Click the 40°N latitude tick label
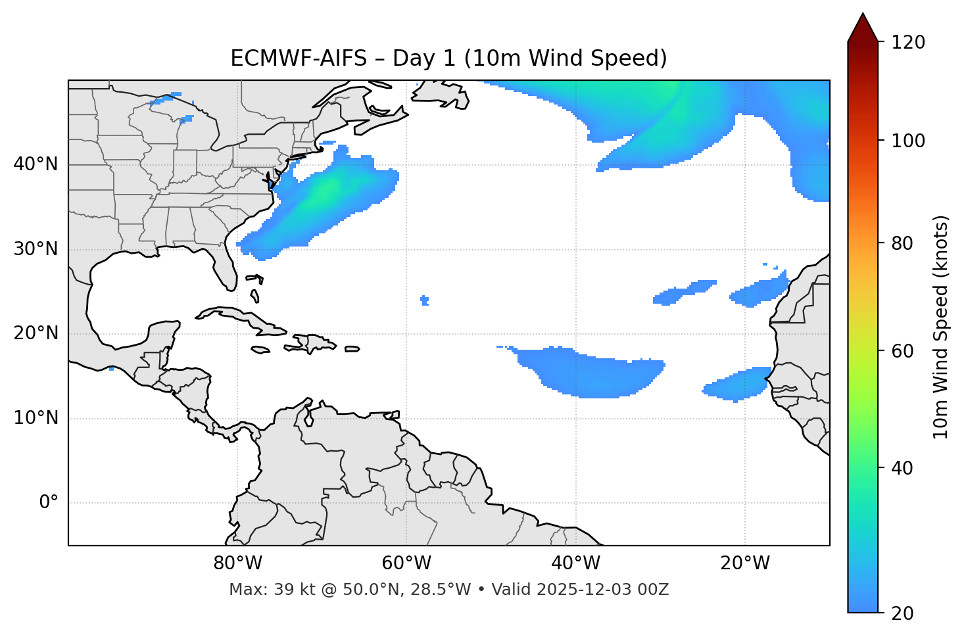(36, 164)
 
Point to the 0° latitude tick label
(48, 503)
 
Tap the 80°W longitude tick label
(237, 563)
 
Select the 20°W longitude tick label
(745, 563)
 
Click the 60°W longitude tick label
(406, 563)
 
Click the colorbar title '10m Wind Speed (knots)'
(941, 327)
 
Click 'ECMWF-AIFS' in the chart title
(298, 59)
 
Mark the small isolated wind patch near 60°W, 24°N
(424, 300)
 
